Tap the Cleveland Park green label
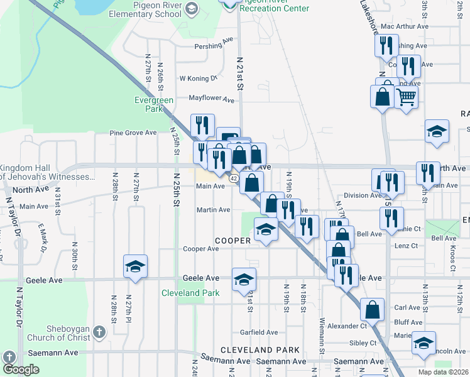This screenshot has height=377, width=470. tap(190, 293)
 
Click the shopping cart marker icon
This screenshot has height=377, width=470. tap(407, 97)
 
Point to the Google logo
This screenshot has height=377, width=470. tap(20, 369)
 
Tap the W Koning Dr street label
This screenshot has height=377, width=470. tap(198, 79)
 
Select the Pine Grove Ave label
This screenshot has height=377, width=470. tap(133, 133)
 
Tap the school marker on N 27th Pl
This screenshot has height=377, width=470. tap(135, 267)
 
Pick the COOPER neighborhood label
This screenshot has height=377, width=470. tap(233, 241)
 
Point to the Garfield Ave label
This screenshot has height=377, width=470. tap(259, 332)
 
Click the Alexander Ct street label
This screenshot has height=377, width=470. tap(346, 326)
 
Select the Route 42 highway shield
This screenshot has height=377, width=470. tap(232, 179)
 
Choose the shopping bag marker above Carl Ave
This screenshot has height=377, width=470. tap(372, 309)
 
